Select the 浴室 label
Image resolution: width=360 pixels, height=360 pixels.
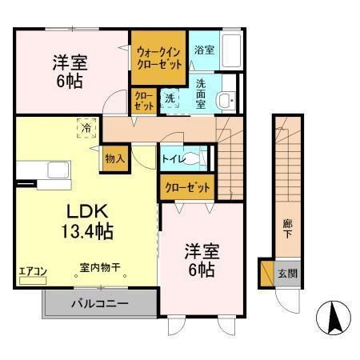(203, 50)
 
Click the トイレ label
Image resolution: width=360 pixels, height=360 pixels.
(174, 159)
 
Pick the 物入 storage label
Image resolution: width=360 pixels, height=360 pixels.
(114, 158)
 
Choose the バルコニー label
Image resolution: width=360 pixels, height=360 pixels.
(101, 303)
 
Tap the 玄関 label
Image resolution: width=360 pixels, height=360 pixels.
(287, 273)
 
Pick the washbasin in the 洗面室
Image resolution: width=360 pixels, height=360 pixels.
(227, 99)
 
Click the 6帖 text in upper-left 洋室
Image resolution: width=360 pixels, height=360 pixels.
(70, 80)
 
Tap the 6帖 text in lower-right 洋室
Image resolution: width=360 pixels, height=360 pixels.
(200, 270)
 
